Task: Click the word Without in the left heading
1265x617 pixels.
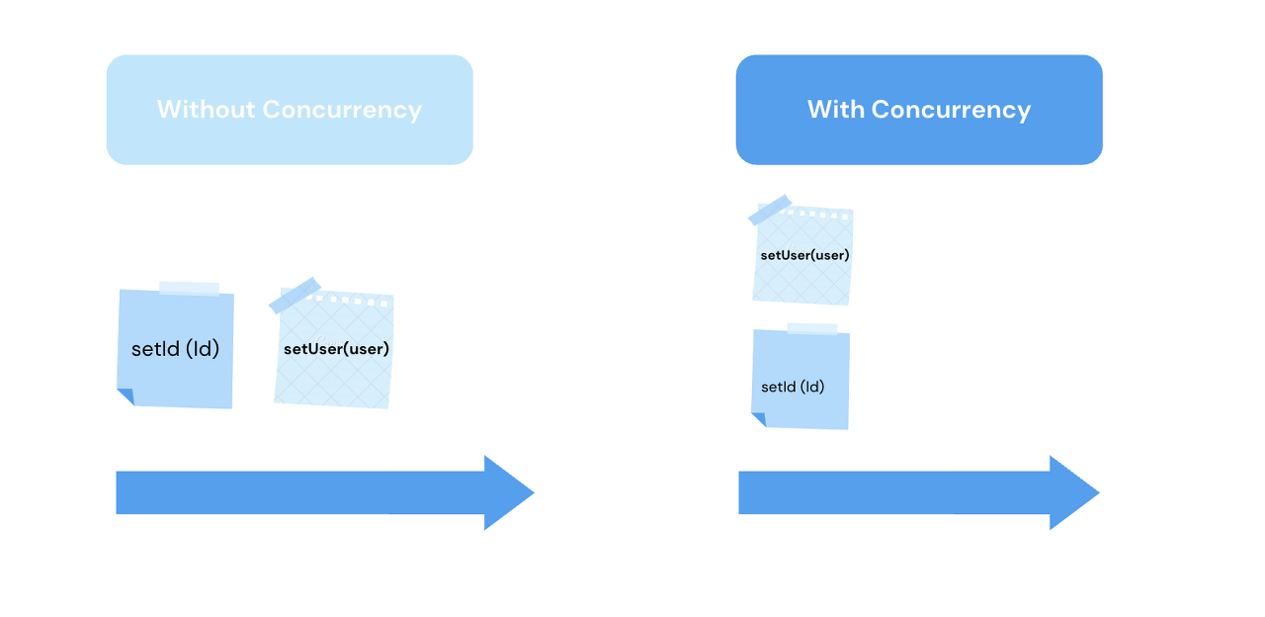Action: click(x=206, y=110)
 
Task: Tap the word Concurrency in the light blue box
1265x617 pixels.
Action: click(x=342, y=110)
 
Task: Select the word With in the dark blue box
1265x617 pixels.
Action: click(x=836, y=110)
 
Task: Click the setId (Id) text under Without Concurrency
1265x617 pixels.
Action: click(x=175, y=349)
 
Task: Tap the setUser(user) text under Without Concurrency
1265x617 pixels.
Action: click(x=336, y=349)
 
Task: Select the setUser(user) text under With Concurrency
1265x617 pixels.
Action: click(x=804, y=255)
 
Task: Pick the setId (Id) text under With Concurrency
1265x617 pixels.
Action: click(x=793, y=387)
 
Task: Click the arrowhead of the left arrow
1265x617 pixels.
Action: click(x=508, y=492)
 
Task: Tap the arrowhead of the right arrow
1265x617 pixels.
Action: click(x=1073, y=492)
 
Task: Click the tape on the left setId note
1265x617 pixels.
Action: click(x=189, y=289)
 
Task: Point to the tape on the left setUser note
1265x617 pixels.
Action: click(x=295, y=295)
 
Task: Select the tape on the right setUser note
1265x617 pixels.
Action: click(x=770, y=210)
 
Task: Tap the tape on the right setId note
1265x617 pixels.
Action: click(x=811, y=328)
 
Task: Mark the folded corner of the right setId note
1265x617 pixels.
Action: click(x=759, y=419)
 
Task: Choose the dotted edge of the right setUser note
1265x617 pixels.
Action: click(x=819, y=214)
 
